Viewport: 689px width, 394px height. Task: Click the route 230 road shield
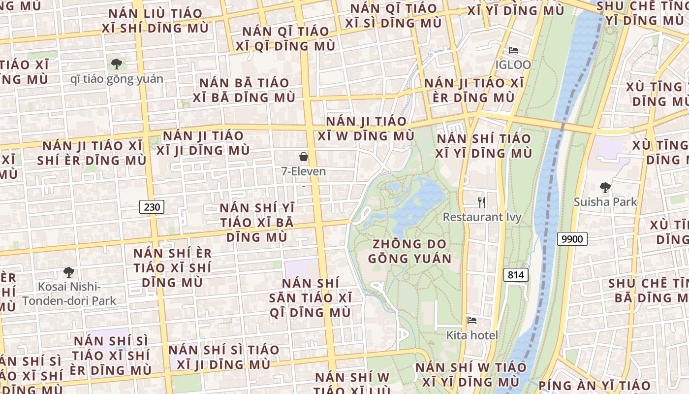(152, 207)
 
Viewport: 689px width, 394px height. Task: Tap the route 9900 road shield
(572, 239)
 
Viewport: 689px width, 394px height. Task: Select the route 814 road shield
(515, 275)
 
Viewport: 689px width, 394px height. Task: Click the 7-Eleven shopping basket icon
(304, 157)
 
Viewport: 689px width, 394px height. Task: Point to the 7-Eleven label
(304, 171)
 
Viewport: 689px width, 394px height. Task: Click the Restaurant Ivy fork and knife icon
(482, 202)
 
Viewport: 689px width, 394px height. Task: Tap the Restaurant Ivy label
(482, 217)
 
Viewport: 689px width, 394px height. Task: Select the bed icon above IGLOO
(513, 50)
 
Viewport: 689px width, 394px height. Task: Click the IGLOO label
(513, 65)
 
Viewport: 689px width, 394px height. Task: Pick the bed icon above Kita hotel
(472, 321)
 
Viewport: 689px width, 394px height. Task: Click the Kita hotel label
(472, 335)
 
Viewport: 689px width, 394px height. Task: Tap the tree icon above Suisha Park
(605, 187)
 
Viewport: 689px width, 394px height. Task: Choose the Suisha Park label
(605, 201)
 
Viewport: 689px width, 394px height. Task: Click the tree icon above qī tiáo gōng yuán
(117, 64)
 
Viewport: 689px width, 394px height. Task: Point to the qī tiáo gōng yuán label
(117, 79)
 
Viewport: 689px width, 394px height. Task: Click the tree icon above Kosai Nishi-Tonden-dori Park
(69, 272)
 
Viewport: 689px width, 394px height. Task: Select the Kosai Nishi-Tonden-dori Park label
(69, 294)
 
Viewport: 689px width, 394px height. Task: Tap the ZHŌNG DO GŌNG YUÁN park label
(409, 251)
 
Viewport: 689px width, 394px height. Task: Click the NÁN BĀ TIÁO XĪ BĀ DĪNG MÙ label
(244, 90)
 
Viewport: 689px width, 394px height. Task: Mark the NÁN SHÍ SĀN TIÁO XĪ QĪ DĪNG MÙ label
(310, 297)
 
